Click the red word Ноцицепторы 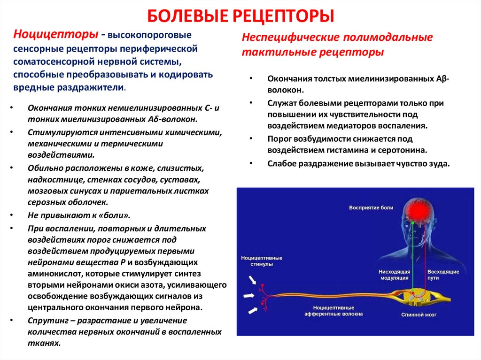56,34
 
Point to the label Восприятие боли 371,207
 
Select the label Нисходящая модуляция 395,275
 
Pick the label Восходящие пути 440,275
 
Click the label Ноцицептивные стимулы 262,261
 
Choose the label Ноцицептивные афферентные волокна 327,311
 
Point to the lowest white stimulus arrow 254,310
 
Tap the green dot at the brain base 413,224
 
